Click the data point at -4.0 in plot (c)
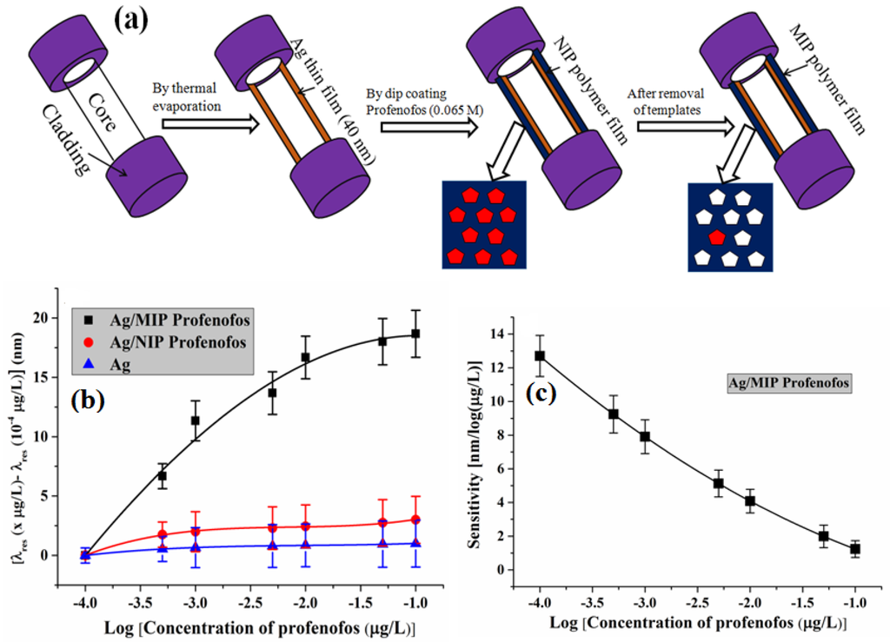[x=541, y=355]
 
